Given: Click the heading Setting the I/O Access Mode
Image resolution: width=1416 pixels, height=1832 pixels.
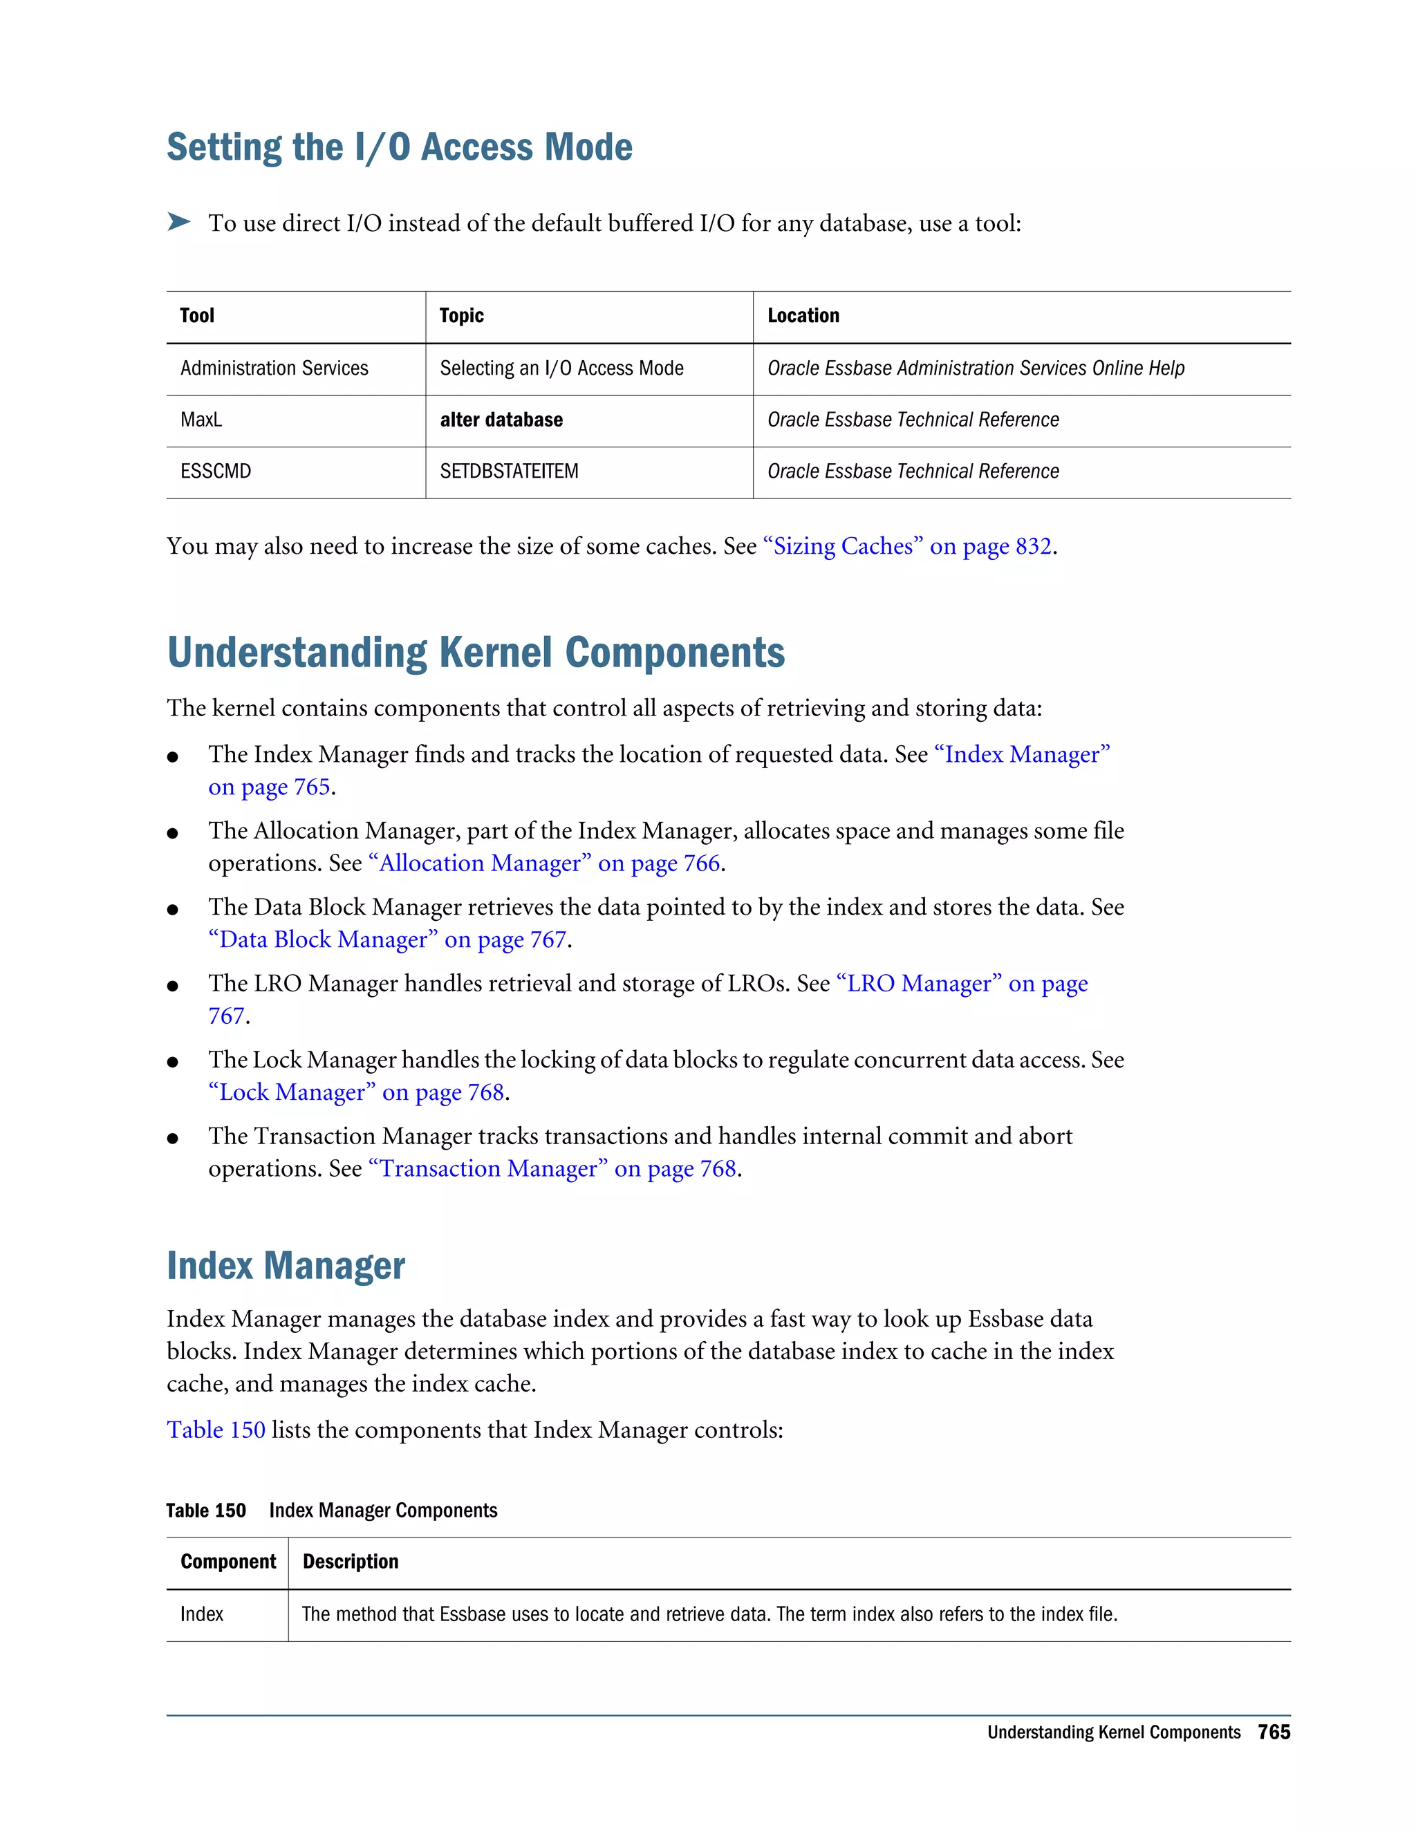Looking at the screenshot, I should pos(400,148).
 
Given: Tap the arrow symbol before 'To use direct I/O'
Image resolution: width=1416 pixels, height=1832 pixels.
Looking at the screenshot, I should pos(178,223).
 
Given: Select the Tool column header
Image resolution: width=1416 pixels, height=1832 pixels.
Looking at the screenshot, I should pos(197,316).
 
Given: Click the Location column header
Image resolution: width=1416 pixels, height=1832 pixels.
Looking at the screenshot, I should pos(803,316).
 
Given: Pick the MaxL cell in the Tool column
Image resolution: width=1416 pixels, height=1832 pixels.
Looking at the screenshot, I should pos(201,420).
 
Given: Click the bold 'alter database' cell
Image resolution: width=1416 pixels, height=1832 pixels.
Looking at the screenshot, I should pos(501,420).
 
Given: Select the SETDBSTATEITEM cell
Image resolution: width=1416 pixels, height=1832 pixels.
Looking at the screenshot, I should pos(508,471).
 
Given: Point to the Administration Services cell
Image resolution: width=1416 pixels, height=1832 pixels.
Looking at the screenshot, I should pos(274,368).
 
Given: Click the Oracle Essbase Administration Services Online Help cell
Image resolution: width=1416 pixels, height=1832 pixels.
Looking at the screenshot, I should pos(976,368).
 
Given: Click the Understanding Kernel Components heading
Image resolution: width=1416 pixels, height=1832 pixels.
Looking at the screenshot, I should pos(476,653).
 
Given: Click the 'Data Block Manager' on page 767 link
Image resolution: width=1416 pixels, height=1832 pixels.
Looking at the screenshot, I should pos(388,940).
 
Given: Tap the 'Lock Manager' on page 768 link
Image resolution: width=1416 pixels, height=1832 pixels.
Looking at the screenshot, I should pos(357,1093).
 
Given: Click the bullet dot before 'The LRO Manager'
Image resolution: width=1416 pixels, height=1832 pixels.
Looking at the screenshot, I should pos(173,987).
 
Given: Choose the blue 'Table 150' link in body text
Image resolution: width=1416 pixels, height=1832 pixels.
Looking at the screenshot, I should pos(216,1430).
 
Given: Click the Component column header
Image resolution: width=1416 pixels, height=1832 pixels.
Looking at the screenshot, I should pos(227,1562).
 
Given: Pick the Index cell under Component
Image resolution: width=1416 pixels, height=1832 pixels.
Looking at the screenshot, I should pos(202,1615).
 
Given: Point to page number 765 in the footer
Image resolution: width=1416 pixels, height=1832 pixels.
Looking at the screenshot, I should pos(1274,1732).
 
